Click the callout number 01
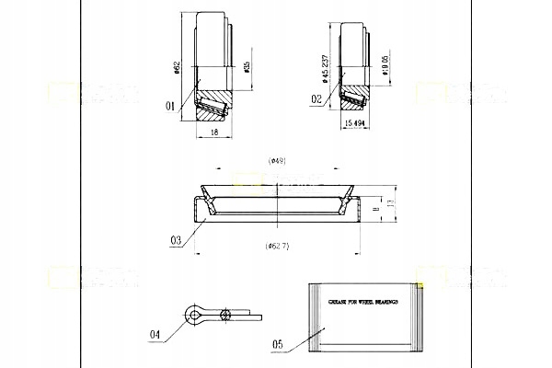[x=169, y=107]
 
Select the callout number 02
[x=316, y=98]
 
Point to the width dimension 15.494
[x=356, y=122]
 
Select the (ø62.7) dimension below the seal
[x=278, y=247]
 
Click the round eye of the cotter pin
[x=194, y=315]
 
